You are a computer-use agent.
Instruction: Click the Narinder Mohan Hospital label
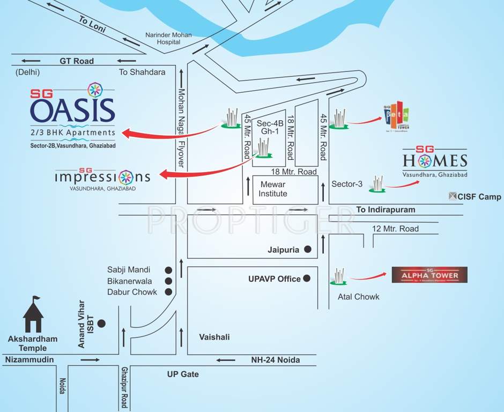[168, 39]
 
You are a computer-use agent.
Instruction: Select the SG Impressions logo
[102, 177]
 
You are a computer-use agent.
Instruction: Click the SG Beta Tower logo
[397, 119]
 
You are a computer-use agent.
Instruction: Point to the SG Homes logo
[435, 160]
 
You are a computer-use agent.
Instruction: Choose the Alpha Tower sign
[429, 275]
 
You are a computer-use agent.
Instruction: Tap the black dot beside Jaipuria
[308, 249]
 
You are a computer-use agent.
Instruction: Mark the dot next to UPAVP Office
[307, 278]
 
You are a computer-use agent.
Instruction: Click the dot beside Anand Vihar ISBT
[101, 323]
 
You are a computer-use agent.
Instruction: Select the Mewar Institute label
[273, 189]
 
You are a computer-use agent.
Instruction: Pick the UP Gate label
[182, 374]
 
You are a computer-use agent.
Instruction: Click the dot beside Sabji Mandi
[168, 270]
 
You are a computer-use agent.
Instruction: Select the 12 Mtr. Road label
[396, 229]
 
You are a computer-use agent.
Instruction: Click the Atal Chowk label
[358, 297]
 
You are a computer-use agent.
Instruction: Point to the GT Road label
[77, 61]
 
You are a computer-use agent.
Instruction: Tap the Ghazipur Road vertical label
[124, 387]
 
